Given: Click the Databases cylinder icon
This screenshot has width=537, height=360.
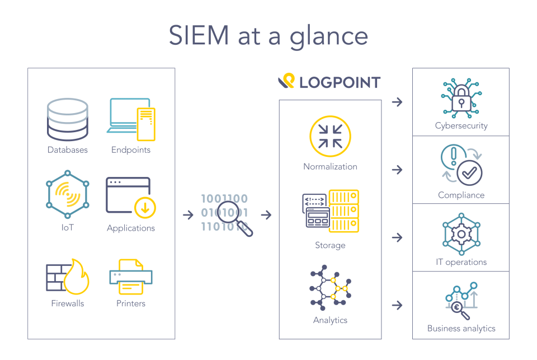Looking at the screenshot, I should click(68, 119).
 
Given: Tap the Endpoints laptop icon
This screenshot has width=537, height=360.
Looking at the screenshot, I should click(130, 119).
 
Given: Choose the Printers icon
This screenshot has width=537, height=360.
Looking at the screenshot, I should click(130, 277).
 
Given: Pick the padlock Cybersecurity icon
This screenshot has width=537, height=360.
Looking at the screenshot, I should click(461, 99).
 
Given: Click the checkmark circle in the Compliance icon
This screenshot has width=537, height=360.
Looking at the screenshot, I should click(469, 173).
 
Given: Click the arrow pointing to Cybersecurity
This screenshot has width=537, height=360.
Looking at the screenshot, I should click(397, 102).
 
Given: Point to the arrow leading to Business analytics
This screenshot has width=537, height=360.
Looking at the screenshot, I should click(397, 305).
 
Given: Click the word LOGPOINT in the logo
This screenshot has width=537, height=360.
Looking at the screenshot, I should click(340, 83).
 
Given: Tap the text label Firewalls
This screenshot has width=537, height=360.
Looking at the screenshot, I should click(68, 303).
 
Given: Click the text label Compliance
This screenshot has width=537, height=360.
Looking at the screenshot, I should click(461, 195).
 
